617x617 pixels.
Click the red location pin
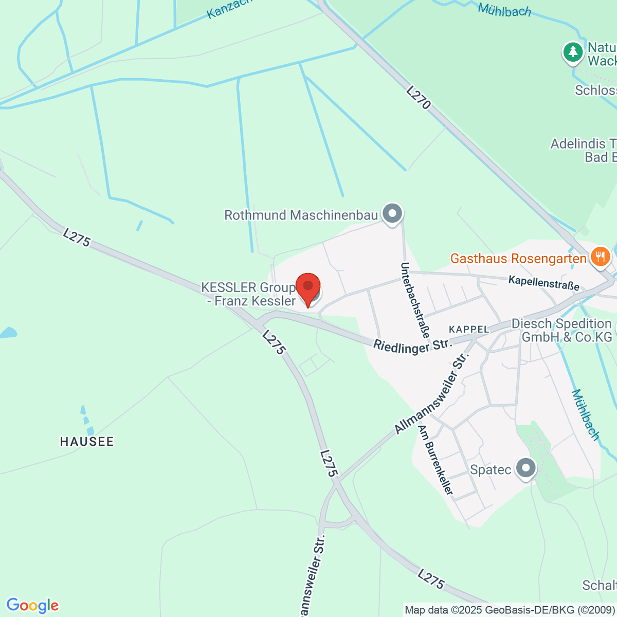308,288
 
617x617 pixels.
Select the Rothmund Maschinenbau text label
301,215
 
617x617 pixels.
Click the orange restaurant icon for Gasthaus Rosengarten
600,256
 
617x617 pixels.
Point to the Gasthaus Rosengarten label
518,258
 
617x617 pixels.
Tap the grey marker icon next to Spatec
525,468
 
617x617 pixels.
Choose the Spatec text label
491,469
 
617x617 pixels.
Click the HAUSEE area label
87,441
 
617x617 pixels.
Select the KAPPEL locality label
468,329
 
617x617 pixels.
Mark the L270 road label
418,98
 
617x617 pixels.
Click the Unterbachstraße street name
414,300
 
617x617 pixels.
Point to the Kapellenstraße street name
543,282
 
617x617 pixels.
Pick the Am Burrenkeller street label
436,460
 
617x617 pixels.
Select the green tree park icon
572,51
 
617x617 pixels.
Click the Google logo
32,605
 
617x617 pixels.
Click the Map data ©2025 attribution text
509,610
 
